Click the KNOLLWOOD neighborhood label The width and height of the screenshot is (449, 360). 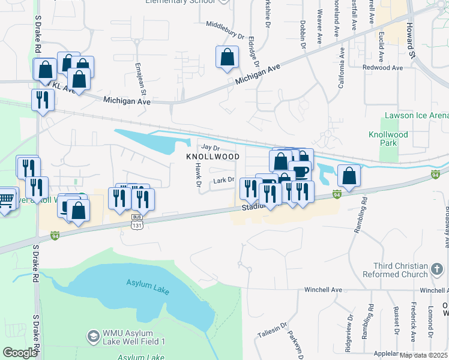coord(212,156)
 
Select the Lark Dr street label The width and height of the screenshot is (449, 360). coord(223,179)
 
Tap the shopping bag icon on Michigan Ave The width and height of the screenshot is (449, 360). coord(228,58)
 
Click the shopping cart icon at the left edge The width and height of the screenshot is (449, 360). coord(5,200)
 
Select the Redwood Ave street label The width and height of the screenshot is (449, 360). coord(382,68)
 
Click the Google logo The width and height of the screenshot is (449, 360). coord(20,353)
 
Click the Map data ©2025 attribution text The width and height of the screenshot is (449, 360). coord(423,355)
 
